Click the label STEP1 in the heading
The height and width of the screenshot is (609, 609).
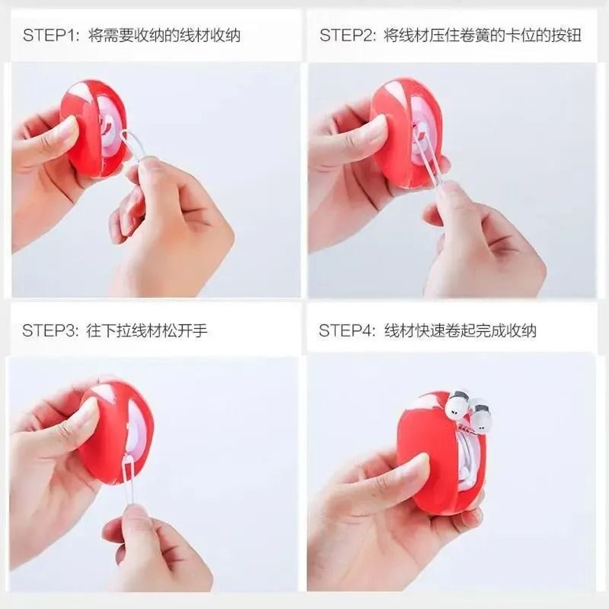51,35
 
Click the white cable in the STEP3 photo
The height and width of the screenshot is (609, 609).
128,481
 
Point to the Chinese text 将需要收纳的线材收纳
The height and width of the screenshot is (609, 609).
164,35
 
